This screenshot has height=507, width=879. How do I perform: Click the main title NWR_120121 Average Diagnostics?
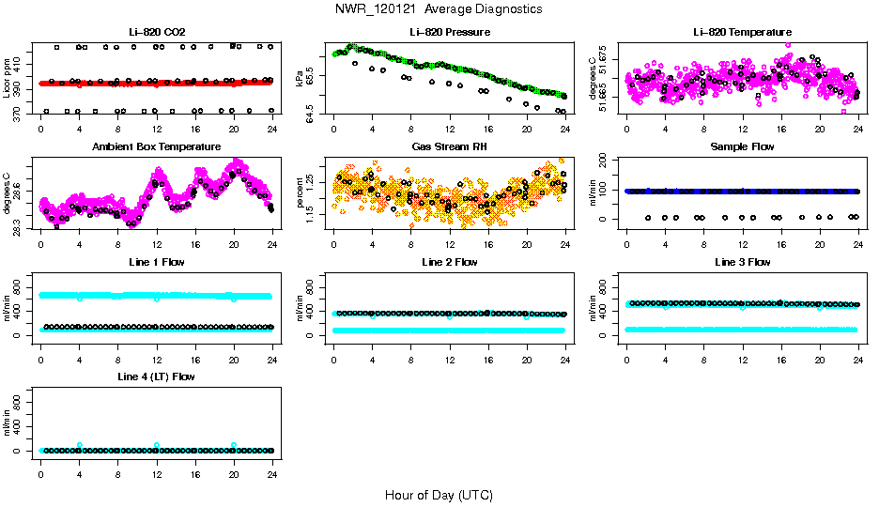pyautogui.click(x=439, y=9)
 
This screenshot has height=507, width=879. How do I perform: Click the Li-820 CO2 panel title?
pyautogui.click(x=156, y=33)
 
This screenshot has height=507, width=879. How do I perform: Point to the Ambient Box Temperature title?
pyautogui.click(x=156, y=147)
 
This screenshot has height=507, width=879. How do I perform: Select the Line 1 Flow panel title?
pyautogui.click(x=156, y=262)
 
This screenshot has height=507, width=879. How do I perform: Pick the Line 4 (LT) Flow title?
pyautogui.click(x=156, y=376)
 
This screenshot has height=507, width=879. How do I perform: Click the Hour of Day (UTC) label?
pyautogui.click(x=439, y=495)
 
